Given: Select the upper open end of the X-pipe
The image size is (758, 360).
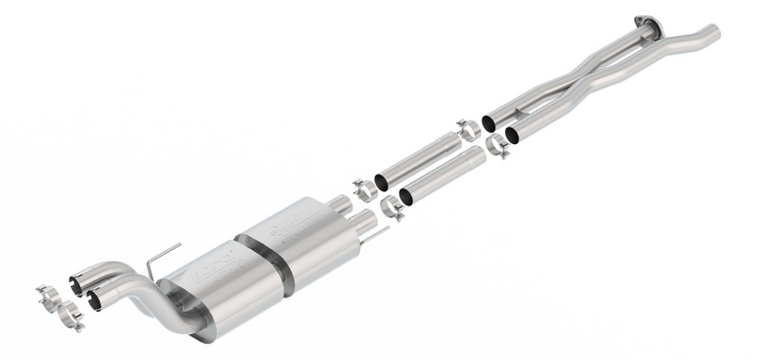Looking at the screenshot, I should coord(489,123).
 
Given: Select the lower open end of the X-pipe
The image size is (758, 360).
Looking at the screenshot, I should coord(513,135).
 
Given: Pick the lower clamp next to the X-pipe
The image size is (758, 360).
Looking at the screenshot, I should coord(496,147).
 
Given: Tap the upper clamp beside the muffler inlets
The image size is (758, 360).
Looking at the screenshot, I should coord(364,189).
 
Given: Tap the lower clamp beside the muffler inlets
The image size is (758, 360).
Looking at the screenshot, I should coord(391,207).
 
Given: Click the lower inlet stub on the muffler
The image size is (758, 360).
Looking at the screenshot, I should coord(361,224).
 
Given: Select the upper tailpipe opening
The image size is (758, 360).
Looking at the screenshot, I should coord(76,280).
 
